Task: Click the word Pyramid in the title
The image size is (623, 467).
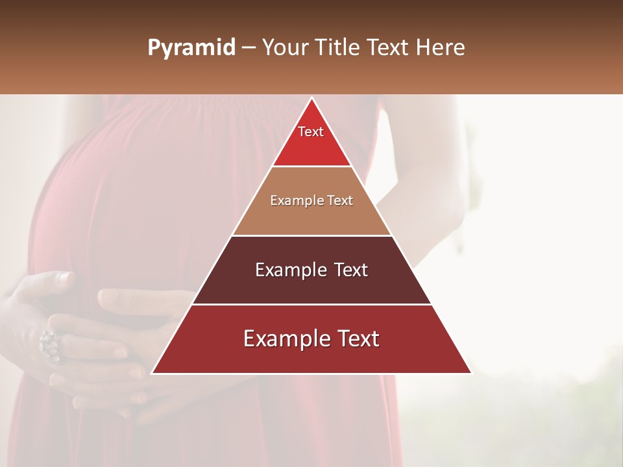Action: pos(191,48)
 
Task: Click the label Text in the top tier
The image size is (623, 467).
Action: pos(311,132)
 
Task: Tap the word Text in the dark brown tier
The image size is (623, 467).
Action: pos(348,270)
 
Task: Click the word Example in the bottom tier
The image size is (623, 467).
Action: pos(284,339)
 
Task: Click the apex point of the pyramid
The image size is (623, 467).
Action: pos(311,99)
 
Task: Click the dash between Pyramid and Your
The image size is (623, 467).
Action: pos(249,48)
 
